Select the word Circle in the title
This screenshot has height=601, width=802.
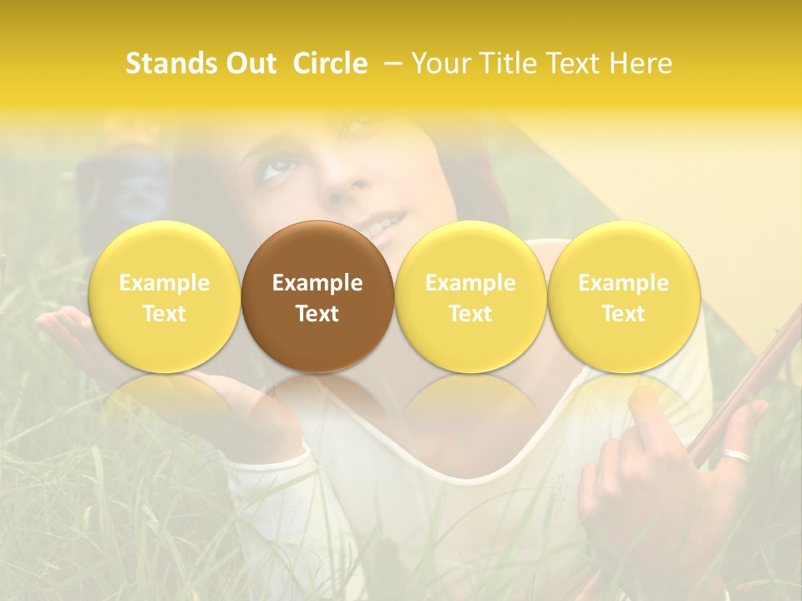(330, 63)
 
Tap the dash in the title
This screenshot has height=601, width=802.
(391, 64)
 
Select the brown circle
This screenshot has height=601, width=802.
(317, 296)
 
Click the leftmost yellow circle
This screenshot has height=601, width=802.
(165, 296)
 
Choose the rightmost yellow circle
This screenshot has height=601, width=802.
(624, 296)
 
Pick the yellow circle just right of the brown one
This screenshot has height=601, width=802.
(470, 296)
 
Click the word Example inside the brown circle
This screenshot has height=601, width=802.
(317, 283)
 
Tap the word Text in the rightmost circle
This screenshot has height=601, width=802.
(624, 313)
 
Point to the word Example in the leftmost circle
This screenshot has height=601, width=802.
(165, 283)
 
